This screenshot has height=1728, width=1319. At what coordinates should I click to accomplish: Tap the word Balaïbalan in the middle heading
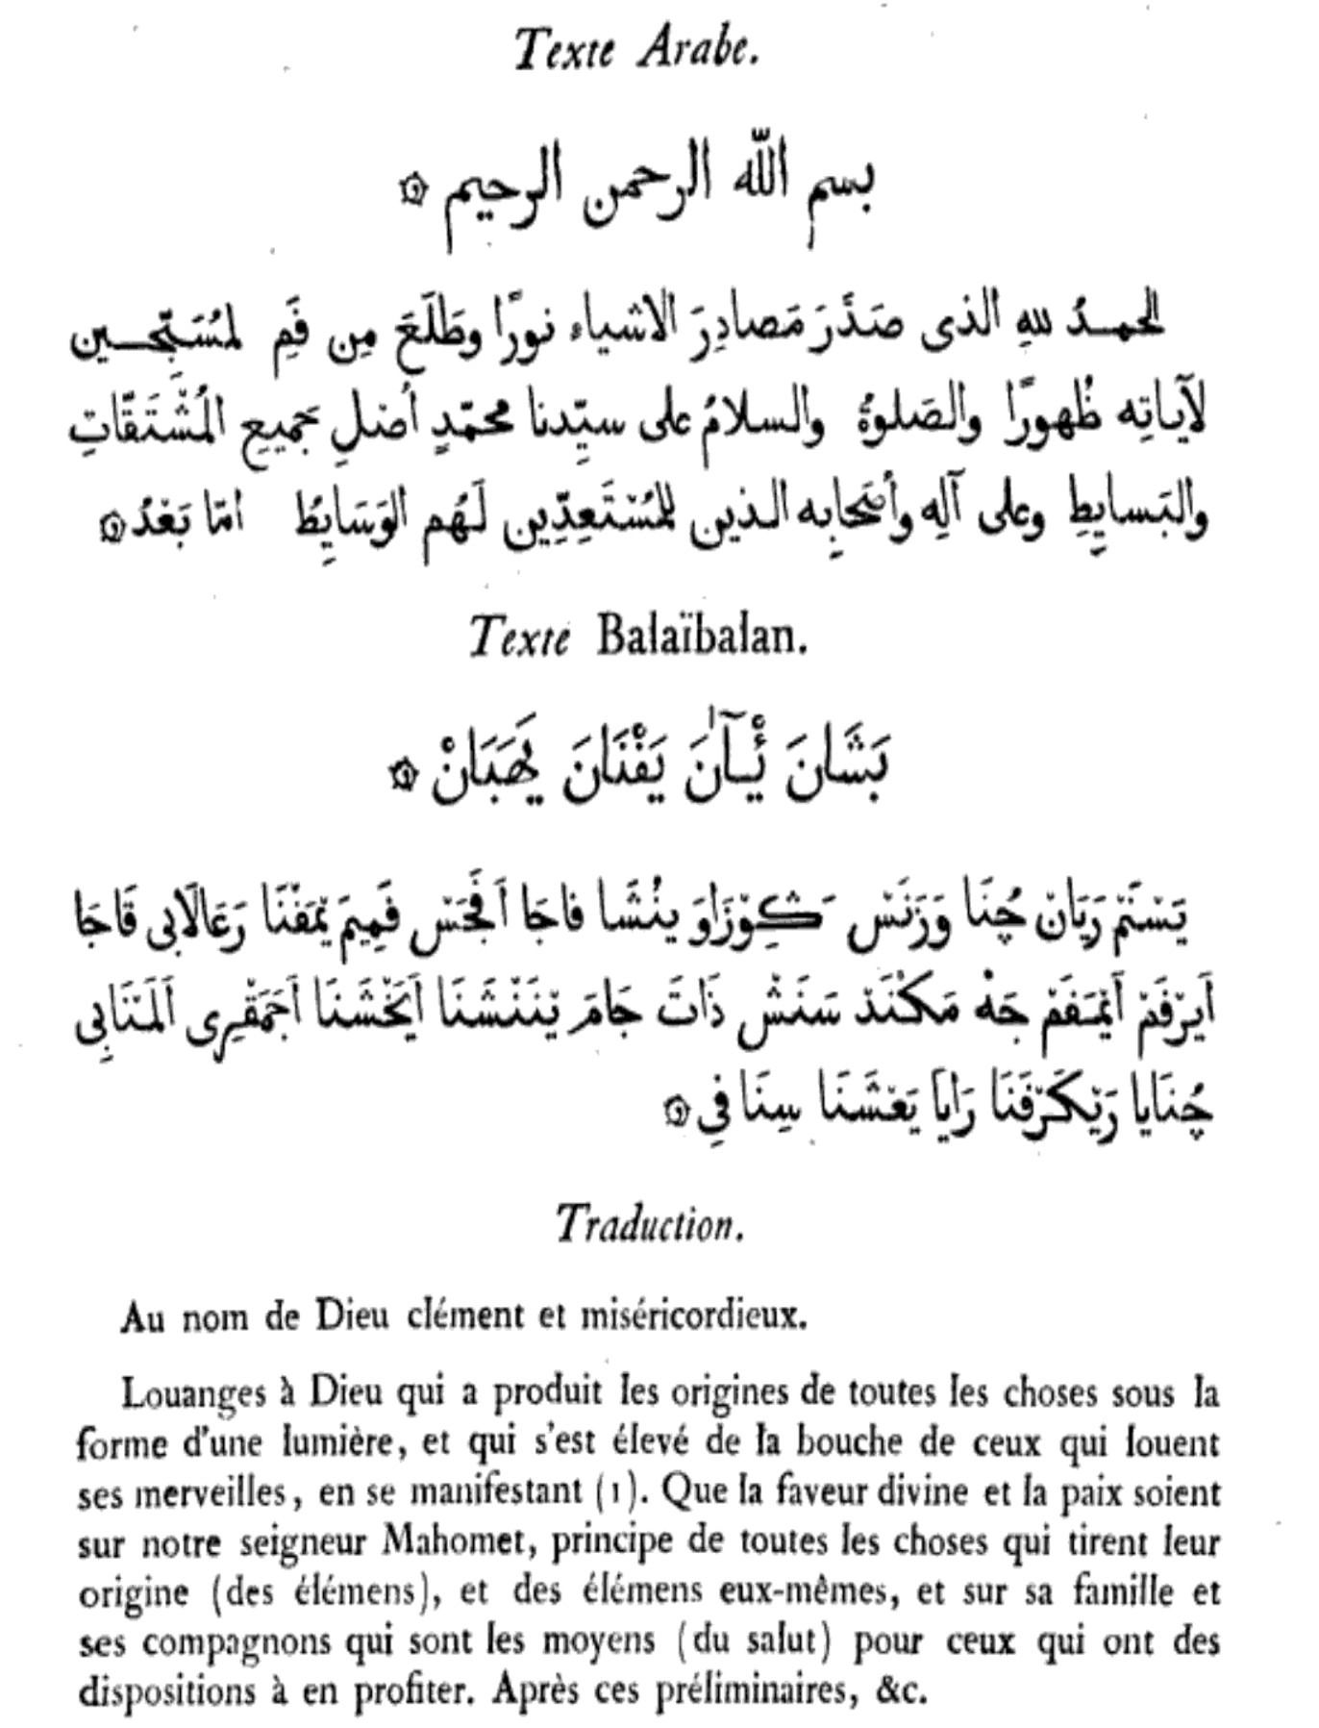pos(700,636)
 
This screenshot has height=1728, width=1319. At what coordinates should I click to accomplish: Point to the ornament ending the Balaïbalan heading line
pos(392,768)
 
